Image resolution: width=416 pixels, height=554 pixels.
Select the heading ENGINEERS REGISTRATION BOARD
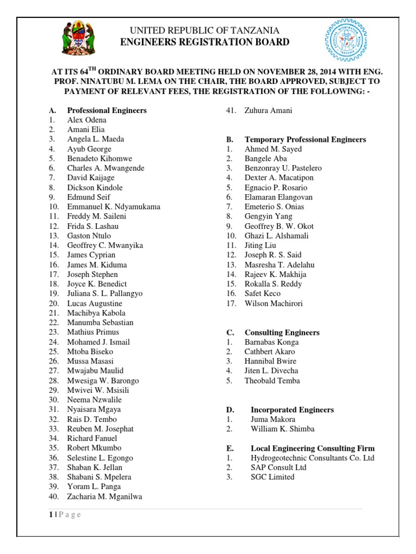(x=207, y=43)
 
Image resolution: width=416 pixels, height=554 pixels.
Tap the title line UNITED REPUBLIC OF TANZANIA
(x=207, y=31)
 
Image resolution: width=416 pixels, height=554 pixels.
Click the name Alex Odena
(x=87, y=120)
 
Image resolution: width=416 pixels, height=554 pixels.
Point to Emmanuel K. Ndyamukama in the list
(x=113, y=207)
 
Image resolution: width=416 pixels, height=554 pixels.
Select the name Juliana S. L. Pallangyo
(x=105, y=294)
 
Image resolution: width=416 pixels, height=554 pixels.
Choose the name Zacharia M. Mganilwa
(x=105, y=496)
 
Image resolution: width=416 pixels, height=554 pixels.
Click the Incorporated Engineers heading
(x=292, y=410)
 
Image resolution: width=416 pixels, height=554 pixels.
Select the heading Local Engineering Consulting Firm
(x=312, y=449)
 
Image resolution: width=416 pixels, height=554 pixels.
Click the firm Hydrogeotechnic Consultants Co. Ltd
(x=312, y=458)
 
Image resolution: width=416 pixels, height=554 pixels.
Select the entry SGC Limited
(x=272, y=477)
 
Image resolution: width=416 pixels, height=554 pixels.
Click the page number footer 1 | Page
(x=64, y=515)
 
